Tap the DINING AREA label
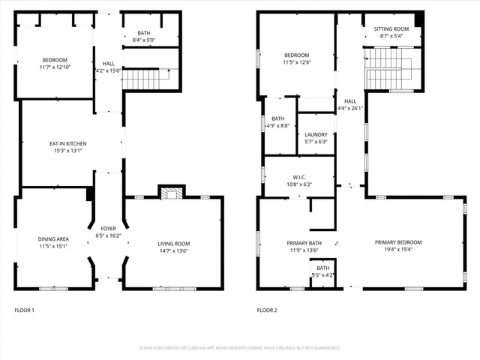pyautogui.click(x=53, y=239)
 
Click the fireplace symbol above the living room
pyautogui.click(x=171, y=193)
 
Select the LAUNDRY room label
pyautogui.click(x=316, y=135)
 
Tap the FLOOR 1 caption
pyautogui.click(x=25, y=310)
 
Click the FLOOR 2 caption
pyautogui.click(x=267, y=310)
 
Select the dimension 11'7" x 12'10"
pyautogui.click(x=55, y=67)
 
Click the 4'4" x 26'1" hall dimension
pyautogui.click(x=350, y=108)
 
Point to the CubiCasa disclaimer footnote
pyautogui.click(x=240, y=348)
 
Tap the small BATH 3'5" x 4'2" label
pyautogui.click(x=322, y=271)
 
